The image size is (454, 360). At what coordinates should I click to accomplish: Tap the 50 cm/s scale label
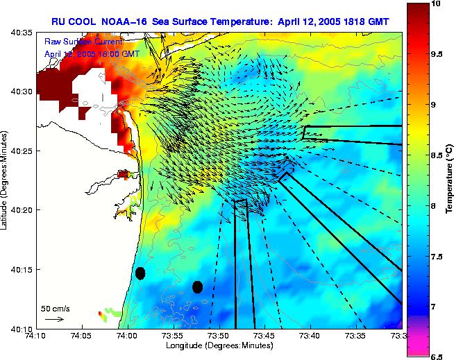click(x=56, y=308)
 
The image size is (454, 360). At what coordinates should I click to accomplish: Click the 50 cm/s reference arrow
click(x=54, y=319)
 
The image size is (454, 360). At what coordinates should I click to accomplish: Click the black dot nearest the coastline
click(x=140, y=273)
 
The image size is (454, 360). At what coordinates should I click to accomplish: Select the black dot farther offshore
click(x=197, y=286)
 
